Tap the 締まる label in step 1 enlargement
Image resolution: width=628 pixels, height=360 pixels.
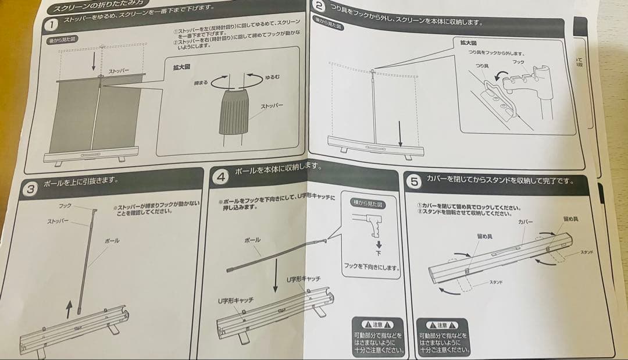coord(201,83)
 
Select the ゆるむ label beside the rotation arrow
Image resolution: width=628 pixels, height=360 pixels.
coord(272,77)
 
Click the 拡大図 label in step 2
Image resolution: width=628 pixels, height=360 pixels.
coord(468,42)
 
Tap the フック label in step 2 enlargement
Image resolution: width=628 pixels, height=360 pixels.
coord(518,61)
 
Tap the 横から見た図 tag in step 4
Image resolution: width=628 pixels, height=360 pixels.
coord(369,204)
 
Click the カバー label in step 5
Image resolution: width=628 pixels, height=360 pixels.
coord(526,222)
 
